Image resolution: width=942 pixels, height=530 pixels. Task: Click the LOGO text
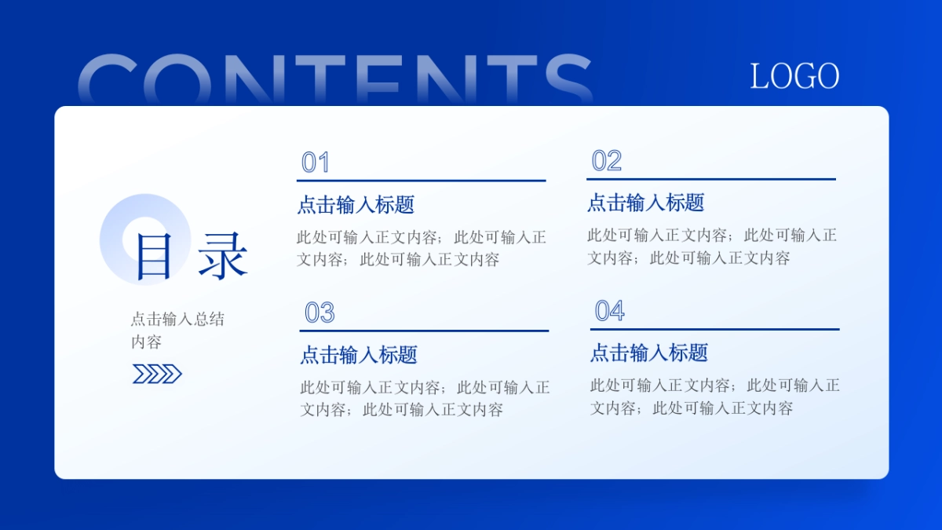794,76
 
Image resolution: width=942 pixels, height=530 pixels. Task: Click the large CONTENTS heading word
335,79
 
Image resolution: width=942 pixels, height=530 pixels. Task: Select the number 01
316,163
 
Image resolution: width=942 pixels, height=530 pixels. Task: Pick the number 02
607,161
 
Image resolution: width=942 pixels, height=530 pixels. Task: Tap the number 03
319,313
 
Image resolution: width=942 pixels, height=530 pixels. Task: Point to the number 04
610,311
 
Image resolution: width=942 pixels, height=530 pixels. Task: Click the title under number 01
356,205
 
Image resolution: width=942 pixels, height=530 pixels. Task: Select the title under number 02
646,203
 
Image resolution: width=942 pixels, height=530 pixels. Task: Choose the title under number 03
359,355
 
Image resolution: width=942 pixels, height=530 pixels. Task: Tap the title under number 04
649,353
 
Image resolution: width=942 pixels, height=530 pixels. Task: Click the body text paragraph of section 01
422,248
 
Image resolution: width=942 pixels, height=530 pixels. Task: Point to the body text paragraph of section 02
712,246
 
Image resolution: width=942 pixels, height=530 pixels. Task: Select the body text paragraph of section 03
425,398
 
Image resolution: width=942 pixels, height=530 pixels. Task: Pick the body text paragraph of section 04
715,396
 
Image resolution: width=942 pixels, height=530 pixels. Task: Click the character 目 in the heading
154,256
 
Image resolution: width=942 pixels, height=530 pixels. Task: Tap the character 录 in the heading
223,256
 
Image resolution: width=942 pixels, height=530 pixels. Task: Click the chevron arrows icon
157,374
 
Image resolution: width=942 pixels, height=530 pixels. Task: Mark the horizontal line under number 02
711,179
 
